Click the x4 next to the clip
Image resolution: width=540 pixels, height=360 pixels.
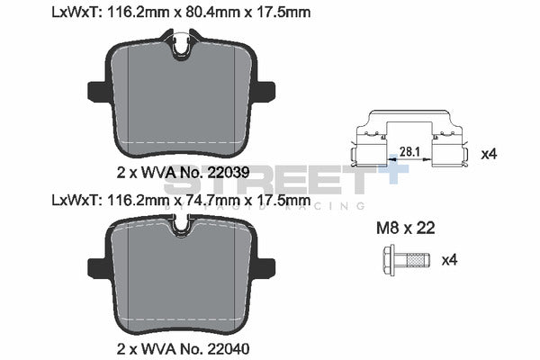[x=489, y=154]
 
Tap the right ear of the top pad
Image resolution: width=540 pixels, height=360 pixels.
[x=267, y=90]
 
